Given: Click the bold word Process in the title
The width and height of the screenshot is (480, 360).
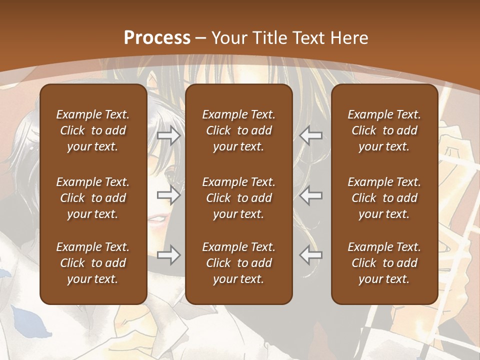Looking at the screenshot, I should click(157, 38).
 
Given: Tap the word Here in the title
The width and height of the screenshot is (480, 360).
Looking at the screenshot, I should click(349, 38).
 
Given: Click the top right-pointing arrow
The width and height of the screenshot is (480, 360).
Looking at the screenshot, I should click(168, 135).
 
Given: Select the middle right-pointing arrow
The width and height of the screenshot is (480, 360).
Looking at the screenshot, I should click(168, 195).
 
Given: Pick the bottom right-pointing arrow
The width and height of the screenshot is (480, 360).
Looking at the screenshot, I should click(168, 255).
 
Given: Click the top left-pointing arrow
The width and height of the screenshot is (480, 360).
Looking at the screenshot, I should click(311, 135).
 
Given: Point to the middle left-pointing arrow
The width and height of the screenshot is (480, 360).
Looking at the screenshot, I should click(311, 195).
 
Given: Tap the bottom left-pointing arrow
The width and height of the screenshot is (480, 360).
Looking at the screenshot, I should click(311, 255).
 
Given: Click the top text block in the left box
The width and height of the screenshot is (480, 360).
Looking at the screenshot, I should click(93, 130).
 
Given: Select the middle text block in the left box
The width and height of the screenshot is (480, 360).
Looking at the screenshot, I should click(93, 198).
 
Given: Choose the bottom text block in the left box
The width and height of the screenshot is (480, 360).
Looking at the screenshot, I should click(93, 263).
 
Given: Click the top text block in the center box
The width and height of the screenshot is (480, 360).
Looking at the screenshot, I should click(238, 130).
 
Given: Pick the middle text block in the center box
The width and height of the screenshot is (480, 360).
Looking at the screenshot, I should click(238, 198).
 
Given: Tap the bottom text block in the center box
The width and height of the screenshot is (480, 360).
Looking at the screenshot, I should click(238, 263).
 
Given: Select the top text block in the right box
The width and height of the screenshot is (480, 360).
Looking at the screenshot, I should click(384, 130).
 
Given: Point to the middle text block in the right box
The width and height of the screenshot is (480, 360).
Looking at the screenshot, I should click(384, 198).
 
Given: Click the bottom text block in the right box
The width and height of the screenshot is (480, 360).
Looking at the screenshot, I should click(384, 263).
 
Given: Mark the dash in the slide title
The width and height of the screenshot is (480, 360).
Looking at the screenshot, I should click(200, 38).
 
